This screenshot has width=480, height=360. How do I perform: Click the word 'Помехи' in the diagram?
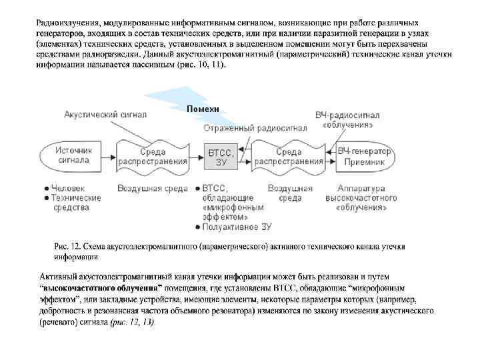click(x=203, y=109)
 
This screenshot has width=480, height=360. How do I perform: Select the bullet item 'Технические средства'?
click(x=76, y=203)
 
